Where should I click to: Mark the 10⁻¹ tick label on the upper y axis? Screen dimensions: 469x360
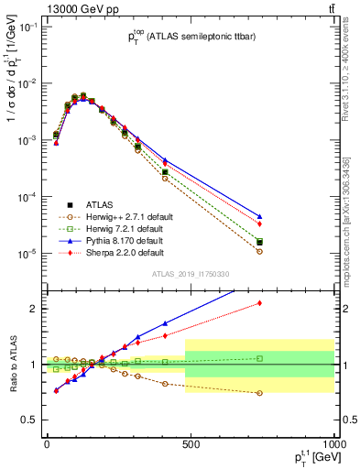coord(27,27)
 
